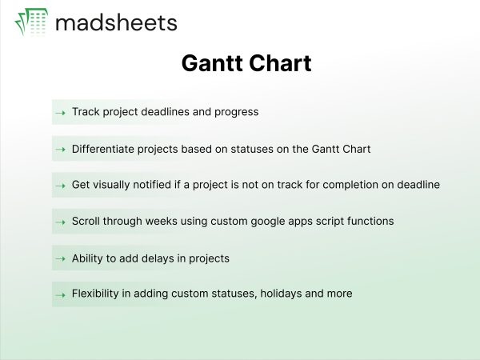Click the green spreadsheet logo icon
31,22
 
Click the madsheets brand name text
116,23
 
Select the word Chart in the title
280,63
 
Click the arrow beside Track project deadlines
61,113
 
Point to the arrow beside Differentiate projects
61,150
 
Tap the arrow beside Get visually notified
61,186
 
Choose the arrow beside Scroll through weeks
61,222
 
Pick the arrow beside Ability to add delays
61,259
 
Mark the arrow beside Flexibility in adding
61,295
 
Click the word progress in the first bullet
236,112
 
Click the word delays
158,258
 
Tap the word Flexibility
95,294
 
